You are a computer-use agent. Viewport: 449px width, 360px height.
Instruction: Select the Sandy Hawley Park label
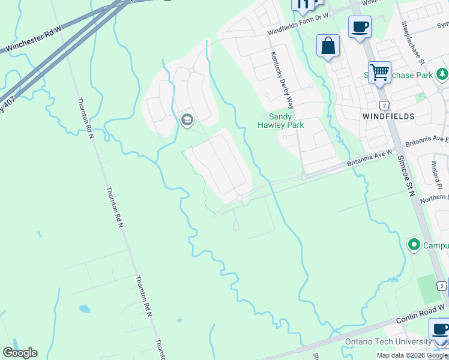(280, 121)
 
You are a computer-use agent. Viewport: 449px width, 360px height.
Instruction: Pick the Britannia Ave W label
(370, 158)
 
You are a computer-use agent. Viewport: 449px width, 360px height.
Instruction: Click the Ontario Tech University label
(388, 342)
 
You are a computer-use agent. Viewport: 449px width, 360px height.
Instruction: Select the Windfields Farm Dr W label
(298, 25)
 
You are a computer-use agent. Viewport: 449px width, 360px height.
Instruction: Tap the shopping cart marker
(379, 73)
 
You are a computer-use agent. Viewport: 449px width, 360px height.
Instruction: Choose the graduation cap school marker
(187, 121)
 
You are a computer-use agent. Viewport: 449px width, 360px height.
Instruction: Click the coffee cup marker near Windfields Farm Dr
(360, 27)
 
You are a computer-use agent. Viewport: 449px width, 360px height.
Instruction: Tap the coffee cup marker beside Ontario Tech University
(441, 329)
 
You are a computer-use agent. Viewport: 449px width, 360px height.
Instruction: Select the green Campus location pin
(414, 245)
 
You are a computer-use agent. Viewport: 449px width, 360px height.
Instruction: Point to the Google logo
(20, 353)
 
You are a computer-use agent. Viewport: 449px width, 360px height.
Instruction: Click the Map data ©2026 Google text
(412, 355)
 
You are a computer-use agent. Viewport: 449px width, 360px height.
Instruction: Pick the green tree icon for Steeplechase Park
(442, 74)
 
